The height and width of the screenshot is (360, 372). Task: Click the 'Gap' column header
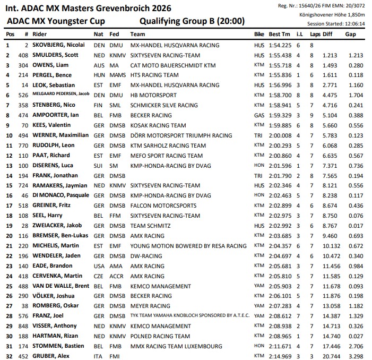[x=350, y=34]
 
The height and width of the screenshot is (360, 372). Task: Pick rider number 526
[x=23, y=95]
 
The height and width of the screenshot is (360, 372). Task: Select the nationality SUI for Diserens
[x=99, y=165]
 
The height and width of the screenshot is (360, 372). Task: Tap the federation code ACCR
[x=116, y=276]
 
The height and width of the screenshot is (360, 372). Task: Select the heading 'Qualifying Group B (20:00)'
[x=191, y=21]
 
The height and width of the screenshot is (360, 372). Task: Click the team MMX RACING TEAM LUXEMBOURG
[x=176, y=346]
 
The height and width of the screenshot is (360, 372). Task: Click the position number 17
[x=8, y=205]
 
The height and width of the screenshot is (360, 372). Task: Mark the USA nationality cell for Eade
[x=99, y=266]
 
